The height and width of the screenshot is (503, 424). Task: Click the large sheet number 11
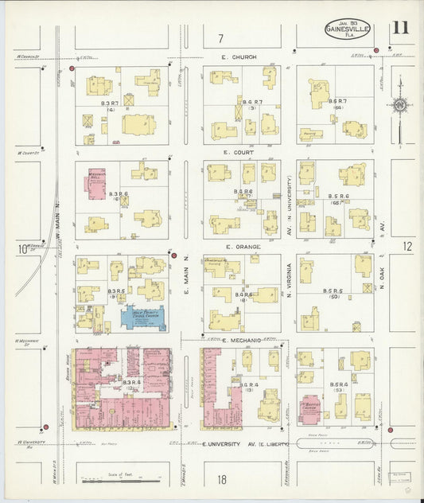click(401, 28)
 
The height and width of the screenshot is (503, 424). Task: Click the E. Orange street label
click(239, 247)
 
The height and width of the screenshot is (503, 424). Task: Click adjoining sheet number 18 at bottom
click(222, 479)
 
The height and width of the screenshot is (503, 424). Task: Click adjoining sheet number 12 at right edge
click(408, 247)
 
